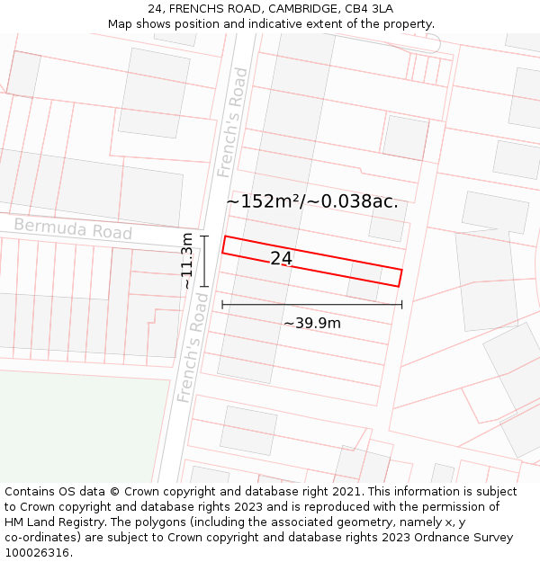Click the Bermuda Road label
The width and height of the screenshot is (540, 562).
(73, 229)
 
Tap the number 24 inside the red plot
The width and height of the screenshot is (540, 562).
(281, 258)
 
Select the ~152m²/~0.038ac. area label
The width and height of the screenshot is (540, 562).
(311, 201)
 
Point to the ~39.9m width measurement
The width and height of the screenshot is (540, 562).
(312, 323)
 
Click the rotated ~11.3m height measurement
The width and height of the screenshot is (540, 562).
(186, 261)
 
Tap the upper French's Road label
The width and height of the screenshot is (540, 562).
(232, 121)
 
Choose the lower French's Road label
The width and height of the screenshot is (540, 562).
(193, 347)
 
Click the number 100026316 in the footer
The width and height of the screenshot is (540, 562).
(38, 553)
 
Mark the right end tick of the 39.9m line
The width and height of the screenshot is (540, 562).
(401, 305)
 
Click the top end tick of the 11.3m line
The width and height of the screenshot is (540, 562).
(204, 236)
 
